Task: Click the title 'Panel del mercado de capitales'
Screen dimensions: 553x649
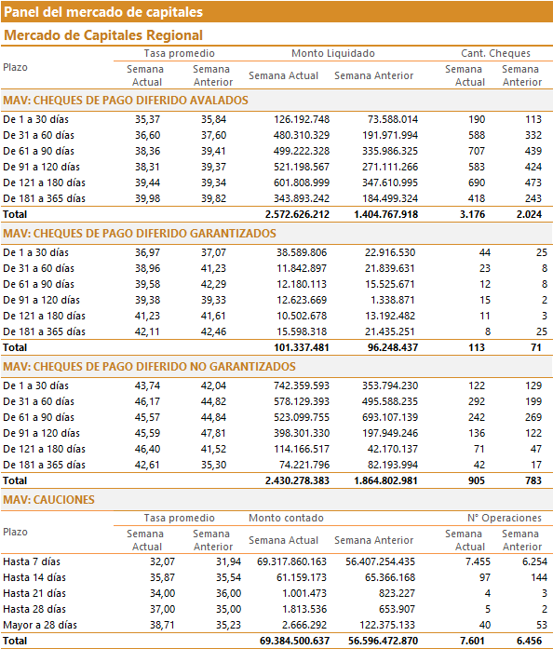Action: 103,11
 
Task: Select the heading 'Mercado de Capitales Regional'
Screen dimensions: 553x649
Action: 103,35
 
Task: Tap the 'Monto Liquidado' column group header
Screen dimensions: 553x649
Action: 333,53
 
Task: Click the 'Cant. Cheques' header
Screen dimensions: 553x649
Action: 495,53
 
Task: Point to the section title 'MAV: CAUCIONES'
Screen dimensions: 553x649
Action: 48,500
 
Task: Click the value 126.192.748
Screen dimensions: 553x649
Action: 302,119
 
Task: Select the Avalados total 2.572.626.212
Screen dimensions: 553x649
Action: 297,214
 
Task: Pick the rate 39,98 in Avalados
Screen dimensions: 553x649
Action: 147,198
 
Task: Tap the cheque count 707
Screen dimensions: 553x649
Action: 477,151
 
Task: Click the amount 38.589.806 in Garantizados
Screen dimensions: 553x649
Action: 302,252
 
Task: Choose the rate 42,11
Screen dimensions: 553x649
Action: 147,332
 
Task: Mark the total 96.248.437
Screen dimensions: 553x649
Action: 393,347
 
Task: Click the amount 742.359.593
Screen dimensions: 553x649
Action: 302,385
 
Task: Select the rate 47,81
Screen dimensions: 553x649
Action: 213,433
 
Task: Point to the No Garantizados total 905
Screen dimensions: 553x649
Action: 477,481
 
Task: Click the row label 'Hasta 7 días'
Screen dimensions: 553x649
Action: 32,561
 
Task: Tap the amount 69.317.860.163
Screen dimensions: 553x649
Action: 291,561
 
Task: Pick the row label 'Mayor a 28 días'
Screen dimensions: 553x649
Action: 40,625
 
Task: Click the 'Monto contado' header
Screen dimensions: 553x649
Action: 286,519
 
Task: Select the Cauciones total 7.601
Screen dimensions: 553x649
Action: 472,642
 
